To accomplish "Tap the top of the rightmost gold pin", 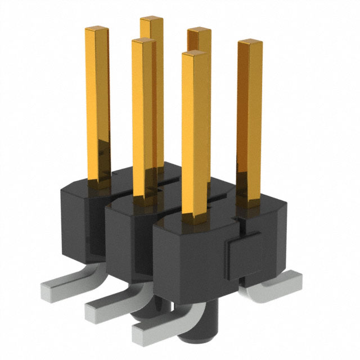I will click(250, 43).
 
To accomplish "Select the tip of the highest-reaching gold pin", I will click(151, 20).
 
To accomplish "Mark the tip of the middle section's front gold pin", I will click(143, 41).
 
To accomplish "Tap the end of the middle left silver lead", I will click(93, 309).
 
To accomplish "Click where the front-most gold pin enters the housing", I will click(194, 214).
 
